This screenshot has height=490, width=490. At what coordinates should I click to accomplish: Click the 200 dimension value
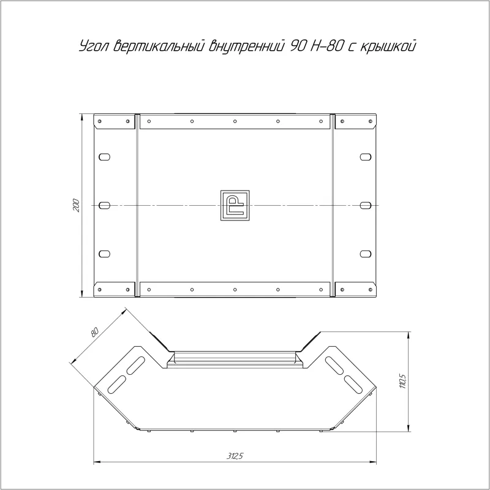pos(76,205)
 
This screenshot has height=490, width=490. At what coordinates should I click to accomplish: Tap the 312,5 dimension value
pos(235,456)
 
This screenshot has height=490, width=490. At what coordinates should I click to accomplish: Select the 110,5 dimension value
pos(403,381)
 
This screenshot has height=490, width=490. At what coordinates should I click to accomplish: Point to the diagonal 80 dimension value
pos(94,332)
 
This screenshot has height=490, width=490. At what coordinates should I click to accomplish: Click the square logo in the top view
pos(235,205)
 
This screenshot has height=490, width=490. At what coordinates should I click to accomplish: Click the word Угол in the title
pos(94,47)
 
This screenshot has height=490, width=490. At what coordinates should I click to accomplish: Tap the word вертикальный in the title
pos(159,46)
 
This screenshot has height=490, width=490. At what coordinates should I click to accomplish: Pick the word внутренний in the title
pos(247,46)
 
